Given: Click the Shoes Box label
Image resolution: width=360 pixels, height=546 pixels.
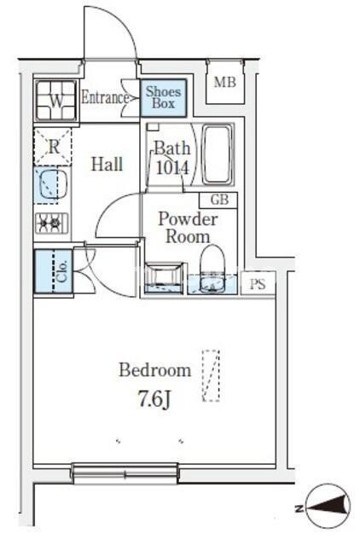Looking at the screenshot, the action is [163, 97].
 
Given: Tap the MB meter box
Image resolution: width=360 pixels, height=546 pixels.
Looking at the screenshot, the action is [225, 82].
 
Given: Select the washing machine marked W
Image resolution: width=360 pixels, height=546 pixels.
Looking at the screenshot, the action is [55, 101].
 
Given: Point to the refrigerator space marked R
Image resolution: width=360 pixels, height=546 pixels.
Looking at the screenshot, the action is [53, 147].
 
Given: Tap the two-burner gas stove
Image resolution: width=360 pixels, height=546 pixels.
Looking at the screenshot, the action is [51, 223].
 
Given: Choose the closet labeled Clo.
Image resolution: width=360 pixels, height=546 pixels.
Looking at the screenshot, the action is [53, 271].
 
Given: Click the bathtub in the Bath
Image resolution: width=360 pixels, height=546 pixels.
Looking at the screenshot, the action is [217, 155].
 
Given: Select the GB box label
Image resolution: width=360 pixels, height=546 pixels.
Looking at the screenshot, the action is [220, 200].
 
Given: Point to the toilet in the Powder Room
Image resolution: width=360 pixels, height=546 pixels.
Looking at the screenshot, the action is [212, 268].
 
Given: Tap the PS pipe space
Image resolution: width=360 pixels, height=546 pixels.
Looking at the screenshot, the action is [258, 284].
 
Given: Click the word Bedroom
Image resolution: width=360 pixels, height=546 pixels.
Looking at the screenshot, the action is [155, 369].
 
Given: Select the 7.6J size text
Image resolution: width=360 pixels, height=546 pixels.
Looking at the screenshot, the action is [154, 399].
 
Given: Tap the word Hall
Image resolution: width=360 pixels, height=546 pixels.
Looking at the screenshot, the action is [107, 164].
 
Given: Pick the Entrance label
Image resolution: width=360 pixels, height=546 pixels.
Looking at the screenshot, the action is [105, 97].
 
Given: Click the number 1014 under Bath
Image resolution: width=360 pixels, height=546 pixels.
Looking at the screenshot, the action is [172, 168].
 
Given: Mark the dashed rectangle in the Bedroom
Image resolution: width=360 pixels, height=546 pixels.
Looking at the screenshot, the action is [211, 376].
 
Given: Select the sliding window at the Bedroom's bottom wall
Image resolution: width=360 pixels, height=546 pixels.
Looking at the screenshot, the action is [125, 473].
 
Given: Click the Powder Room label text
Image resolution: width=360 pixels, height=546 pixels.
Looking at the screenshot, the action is [188, 228].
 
